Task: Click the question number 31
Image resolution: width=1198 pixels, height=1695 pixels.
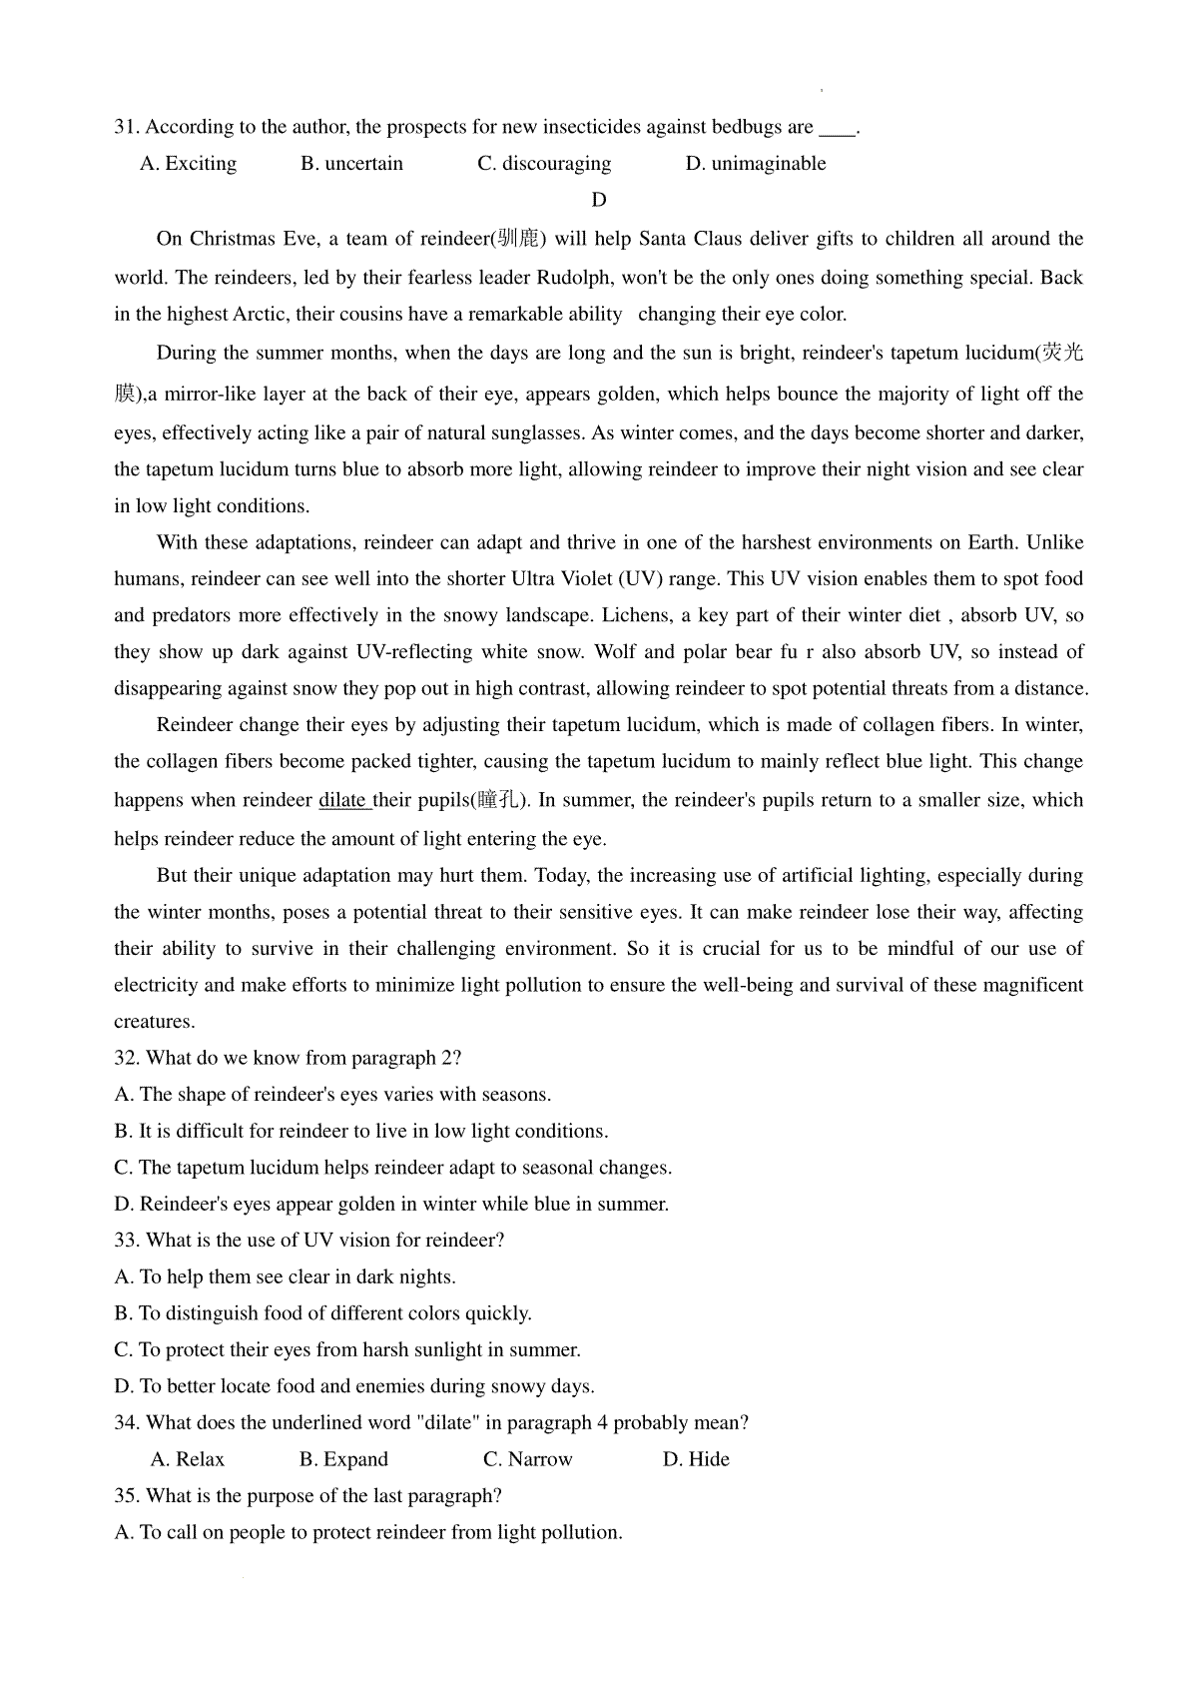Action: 127,127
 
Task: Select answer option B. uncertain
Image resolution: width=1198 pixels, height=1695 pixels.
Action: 351,164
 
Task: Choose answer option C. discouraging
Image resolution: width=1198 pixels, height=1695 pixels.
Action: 544,164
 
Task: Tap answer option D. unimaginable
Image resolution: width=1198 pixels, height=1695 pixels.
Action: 756,164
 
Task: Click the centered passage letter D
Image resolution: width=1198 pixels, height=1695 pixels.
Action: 599,200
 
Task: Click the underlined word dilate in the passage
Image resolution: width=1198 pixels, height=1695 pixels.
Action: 344,800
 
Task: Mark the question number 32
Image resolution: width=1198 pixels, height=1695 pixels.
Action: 127,1058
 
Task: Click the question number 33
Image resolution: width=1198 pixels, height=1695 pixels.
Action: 127,1241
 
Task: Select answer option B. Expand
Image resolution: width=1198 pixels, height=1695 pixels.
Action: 343,1459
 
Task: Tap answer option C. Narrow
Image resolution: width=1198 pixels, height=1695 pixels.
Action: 528,1459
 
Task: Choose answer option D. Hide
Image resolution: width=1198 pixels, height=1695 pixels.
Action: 696,1459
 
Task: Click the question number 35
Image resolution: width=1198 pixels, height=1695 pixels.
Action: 127,1496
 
